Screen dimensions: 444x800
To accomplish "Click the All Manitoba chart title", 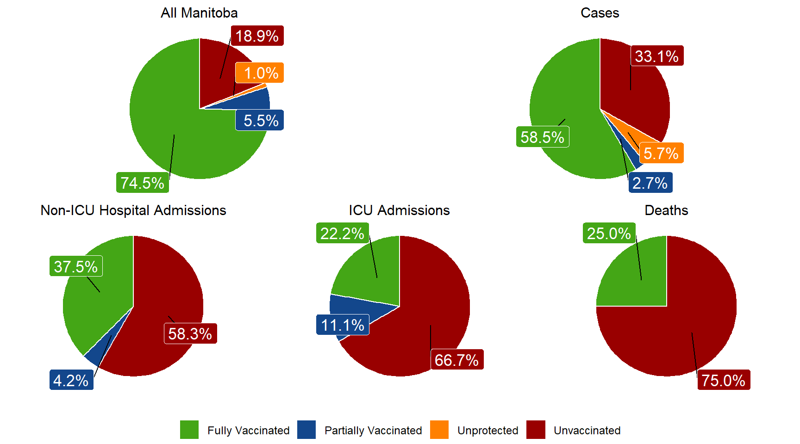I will (x=199, y=13).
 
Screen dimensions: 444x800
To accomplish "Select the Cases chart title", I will (x=600, y=13).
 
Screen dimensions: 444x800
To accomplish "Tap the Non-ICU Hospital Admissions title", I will (x=133, y=210).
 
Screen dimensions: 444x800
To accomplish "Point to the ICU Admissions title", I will (x=399, y=210).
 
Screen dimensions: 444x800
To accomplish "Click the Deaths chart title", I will (x=666, y=210).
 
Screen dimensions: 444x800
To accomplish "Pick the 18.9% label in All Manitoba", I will (x=257, y=36).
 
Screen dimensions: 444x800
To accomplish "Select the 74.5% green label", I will (x=143, y=183).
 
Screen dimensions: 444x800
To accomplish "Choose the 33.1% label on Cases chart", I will (x=656, y=56).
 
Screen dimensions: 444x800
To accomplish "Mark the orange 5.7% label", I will (x=661, y=153).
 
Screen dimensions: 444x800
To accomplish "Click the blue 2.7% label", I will (x=650, y=183).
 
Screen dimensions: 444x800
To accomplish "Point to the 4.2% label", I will (x=71, y=380).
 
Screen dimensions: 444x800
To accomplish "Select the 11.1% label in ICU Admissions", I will (x=343, y=325).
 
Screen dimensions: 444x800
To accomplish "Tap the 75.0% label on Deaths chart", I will (x=723, y=380).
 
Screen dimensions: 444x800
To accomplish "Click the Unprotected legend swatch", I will (x=439, y=430).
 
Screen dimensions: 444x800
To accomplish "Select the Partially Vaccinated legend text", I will (x=373, y=431).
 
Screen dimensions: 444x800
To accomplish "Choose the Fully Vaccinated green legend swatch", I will (x=189, y=430).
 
